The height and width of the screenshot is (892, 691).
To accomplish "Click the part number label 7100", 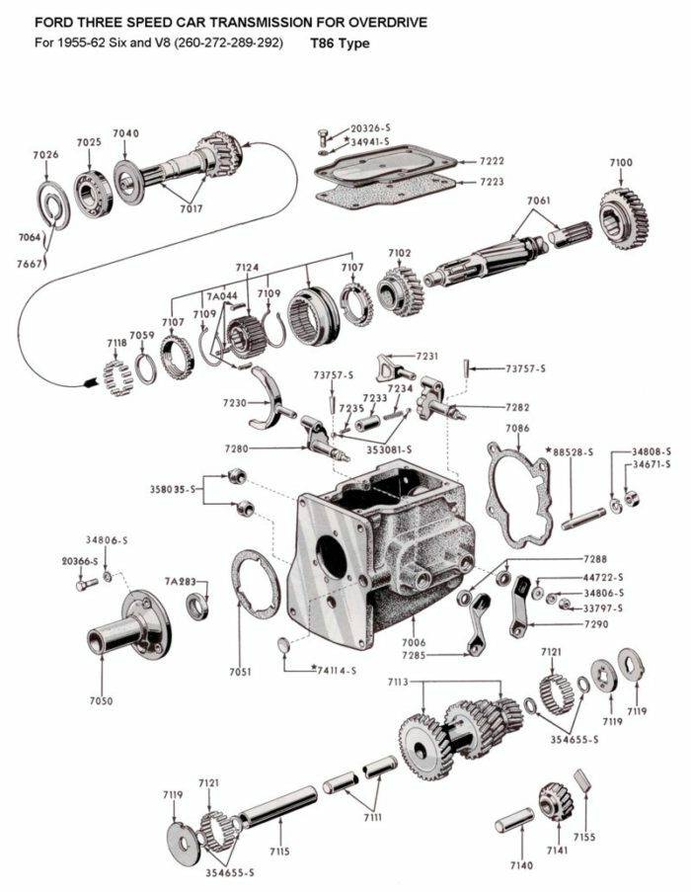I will [621, 162].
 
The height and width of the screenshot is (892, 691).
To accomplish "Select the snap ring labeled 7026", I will [53, 204].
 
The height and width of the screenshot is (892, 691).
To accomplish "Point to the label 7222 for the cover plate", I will [492, 161].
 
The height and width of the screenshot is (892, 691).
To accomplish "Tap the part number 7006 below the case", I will [415, 642].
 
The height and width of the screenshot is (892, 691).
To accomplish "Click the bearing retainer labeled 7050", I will [128, 627].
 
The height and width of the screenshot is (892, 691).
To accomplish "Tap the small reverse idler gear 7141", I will [556, 801].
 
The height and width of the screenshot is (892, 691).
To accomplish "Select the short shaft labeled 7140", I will [514, 820].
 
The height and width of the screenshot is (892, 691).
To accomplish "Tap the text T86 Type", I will [340, 44].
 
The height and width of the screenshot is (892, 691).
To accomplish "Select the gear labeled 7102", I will [401, 288].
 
